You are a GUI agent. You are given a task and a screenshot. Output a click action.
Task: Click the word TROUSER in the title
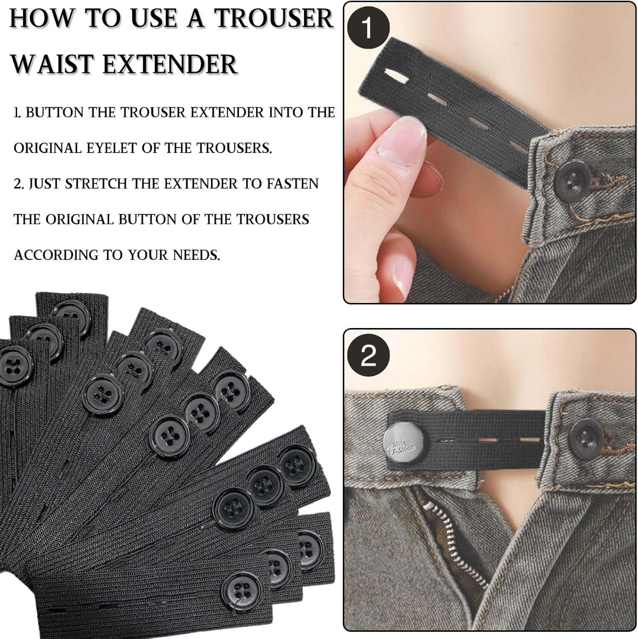tap(274, 19)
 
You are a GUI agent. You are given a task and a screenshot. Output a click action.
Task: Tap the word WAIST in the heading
tap(52, 65)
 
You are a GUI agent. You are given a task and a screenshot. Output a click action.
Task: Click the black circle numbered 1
tap(368, 28)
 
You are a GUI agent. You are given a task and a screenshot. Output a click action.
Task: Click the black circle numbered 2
tap(368, 355)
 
